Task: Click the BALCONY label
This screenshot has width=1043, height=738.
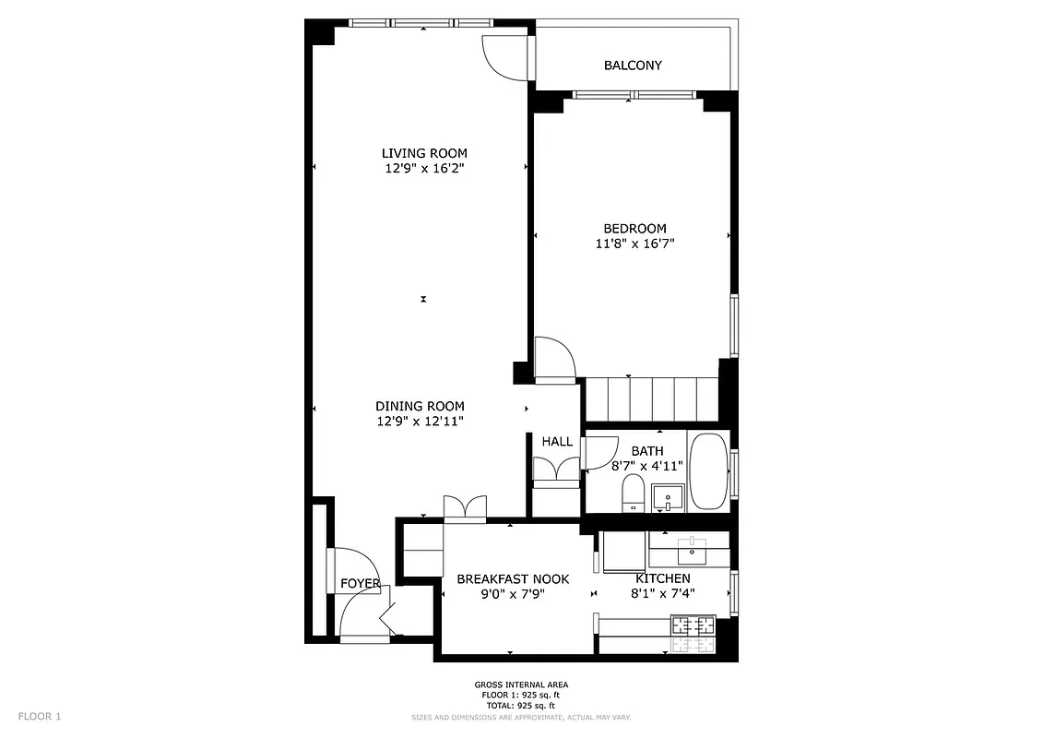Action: (x=633, y=65)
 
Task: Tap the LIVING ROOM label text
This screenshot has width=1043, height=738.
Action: (x=424, y=153)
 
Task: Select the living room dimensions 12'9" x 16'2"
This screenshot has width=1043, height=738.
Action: (x=424, y=169)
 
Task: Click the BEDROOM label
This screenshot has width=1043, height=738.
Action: (x=634, y=229)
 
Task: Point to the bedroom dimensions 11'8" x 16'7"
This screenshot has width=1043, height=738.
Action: (x=634, y=244)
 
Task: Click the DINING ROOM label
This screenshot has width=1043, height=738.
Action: (x=420, y=406)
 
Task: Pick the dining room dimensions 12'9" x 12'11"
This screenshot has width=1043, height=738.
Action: (x=420, y=422)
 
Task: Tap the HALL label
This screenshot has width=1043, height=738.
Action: (x=557, y=442)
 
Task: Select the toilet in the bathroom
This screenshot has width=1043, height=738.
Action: (x=633, y=493)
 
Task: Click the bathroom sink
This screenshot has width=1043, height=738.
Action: (x=666, y=498)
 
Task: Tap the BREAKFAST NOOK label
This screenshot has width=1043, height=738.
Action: (x=513, y=579)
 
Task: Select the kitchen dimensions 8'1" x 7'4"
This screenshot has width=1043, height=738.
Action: (x=662, y=594)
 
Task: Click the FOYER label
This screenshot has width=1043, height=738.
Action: (x=360, y=584)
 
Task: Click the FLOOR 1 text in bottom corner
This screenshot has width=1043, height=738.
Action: (x=40, y=716)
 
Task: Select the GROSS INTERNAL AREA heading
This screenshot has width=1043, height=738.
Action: (x=521, y=684)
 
